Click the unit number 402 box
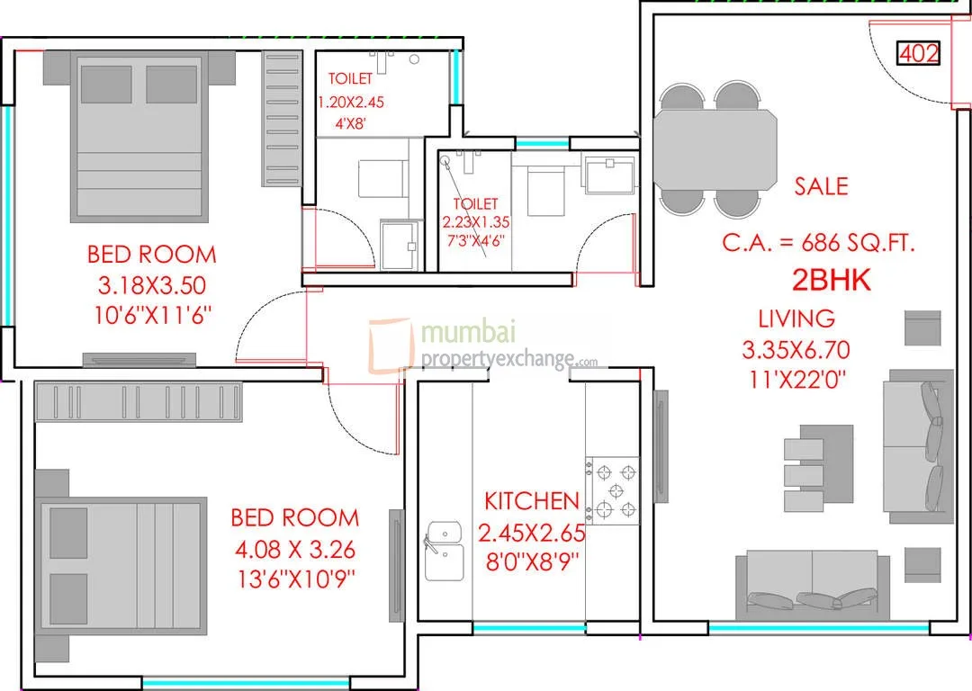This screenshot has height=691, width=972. coord(919,54)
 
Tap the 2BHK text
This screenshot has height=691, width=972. coord(831,281)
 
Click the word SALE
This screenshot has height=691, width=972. coord(821,186)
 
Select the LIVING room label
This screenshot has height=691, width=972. coord(796,318)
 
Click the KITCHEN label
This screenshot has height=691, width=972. coord(532,501)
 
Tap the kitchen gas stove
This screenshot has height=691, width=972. coord(614,490)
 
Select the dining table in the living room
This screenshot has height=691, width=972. coord(715,148)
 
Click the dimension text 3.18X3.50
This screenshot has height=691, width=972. coord(151,286)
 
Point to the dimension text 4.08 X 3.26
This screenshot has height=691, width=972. coord(294,548)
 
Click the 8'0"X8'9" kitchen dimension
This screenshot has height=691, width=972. coord(531,561)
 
